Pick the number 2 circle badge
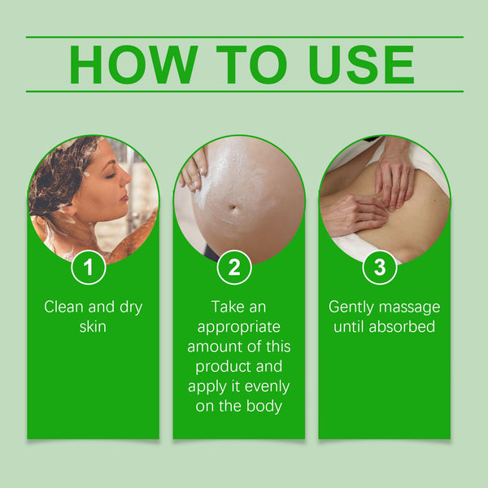234,268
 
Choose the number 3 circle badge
380,268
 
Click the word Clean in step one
63,307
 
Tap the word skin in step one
93,327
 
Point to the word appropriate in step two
239,327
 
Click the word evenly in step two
262,386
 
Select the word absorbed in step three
403,327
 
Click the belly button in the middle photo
236,209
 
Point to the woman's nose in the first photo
127,176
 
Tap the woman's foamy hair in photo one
61,171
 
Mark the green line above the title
244,37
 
